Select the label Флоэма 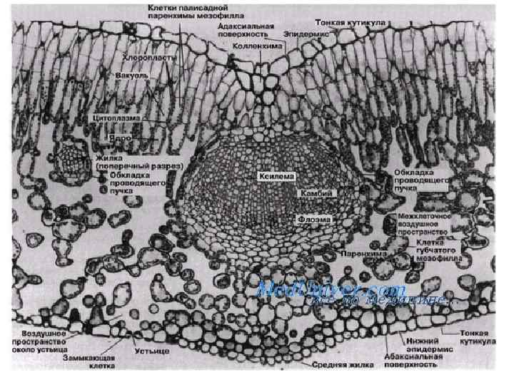[315, 218]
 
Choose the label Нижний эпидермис [420, 346]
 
